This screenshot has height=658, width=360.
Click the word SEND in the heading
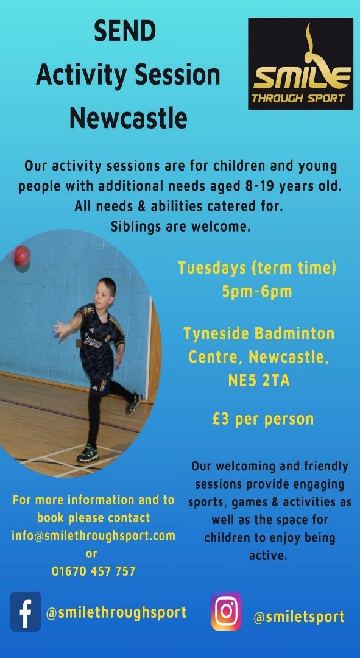coord(125,32)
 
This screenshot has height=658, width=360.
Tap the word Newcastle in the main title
coord(129,118)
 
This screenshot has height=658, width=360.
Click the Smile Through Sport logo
coord(300,64)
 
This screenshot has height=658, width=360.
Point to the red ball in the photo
coord(23,256)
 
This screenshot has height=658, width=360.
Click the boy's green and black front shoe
coord(88,454)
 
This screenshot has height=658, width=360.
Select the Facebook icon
coord(25,612)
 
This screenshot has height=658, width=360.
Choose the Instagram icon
coord(226,612)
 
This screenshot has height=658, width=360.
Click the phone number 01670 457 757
coord(94,571)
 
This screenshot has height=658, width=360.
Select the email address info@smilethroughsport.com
coord(93,536)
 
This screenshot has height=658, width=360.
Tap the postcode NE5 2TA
coord(259,381)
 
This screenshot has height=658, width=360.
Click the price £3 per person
coord(263,419)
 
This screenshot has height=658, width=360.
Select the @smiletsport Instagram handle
coord(299,617)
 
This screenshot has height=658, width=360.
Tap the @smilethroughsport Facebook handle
coord(116,613)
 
